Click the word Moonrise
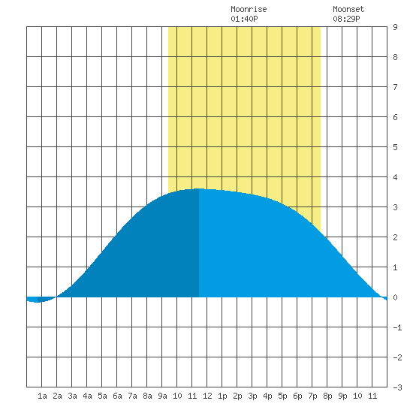pyautogui.click(x=249, y=9)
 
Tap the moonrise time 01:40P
pyautogui.click(x=244, y=19)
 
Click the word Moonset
pyautogui.click(x=348, y=9)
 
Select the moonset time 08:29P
pyautogui.click(x=346, y=19)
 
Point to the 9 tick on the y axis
pyautogui.click(x=395, y=27)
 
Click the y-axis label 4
pyautogui.click(x=395, y=177)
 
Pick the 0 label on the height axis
pyautogui.click(x=395, y=297)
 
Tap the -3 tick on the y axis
pyautogui.click(x=397, y=387)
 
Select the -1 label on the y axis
pyautogui.click(x=397, y=327)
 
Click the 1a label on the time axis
pyautogui.click(x=42, y=396)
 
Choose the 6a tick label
pyautogui.click(x=117, y=396)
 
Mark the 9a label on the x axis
pyautogui.click(x=162, y=396)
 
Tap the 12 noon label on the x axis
pyautogui.click(x=207, y=396)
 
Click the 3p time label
pyautogui.click(x=252, y=396)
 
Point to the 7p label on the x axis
pyautogui.click(x=312, y=396)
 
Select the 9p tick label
pyautogui.click(x=342, y=396)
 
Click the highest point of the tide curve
pyautogui.click(x=199, y=188)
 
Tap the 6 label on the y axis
pyautogui.click(x=395, y=117)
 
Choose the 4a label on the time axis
pyautogui.click(x=87, y=396)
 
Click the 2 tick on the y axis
pyautogui.click(x=395, y=237)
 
